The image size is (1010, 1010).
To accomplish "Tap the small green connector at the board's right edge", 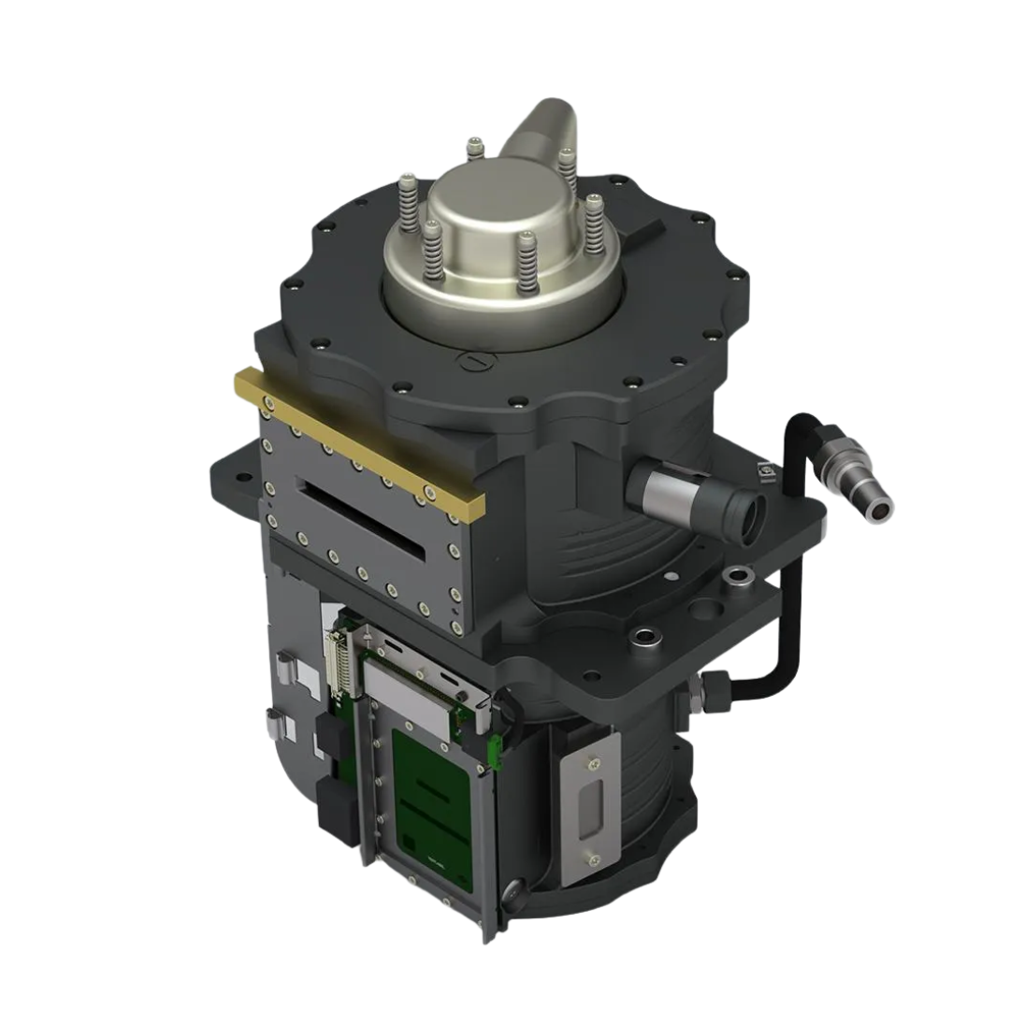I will click(494, 748).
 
